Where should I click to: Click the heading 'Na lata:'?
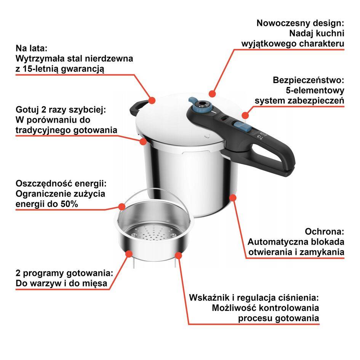(31, 49)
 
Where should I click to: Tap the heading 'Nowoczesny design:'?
(300, 23)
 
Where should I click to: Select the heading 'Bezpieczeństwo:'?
(308, 80)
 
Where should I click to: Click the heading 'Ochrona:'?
(325, 232)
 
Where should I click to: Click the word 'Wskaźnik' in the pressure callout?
(209, 298)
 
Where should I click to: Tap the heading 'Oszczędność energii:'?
(61, 183)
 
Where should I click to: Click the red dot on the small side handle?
(152, 100)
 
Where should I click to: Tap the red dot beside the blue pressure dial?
(213, 93)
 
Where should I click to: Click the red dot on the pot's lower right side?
(233, 198)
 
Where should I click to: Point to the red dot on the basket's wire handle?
(122, 206)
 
